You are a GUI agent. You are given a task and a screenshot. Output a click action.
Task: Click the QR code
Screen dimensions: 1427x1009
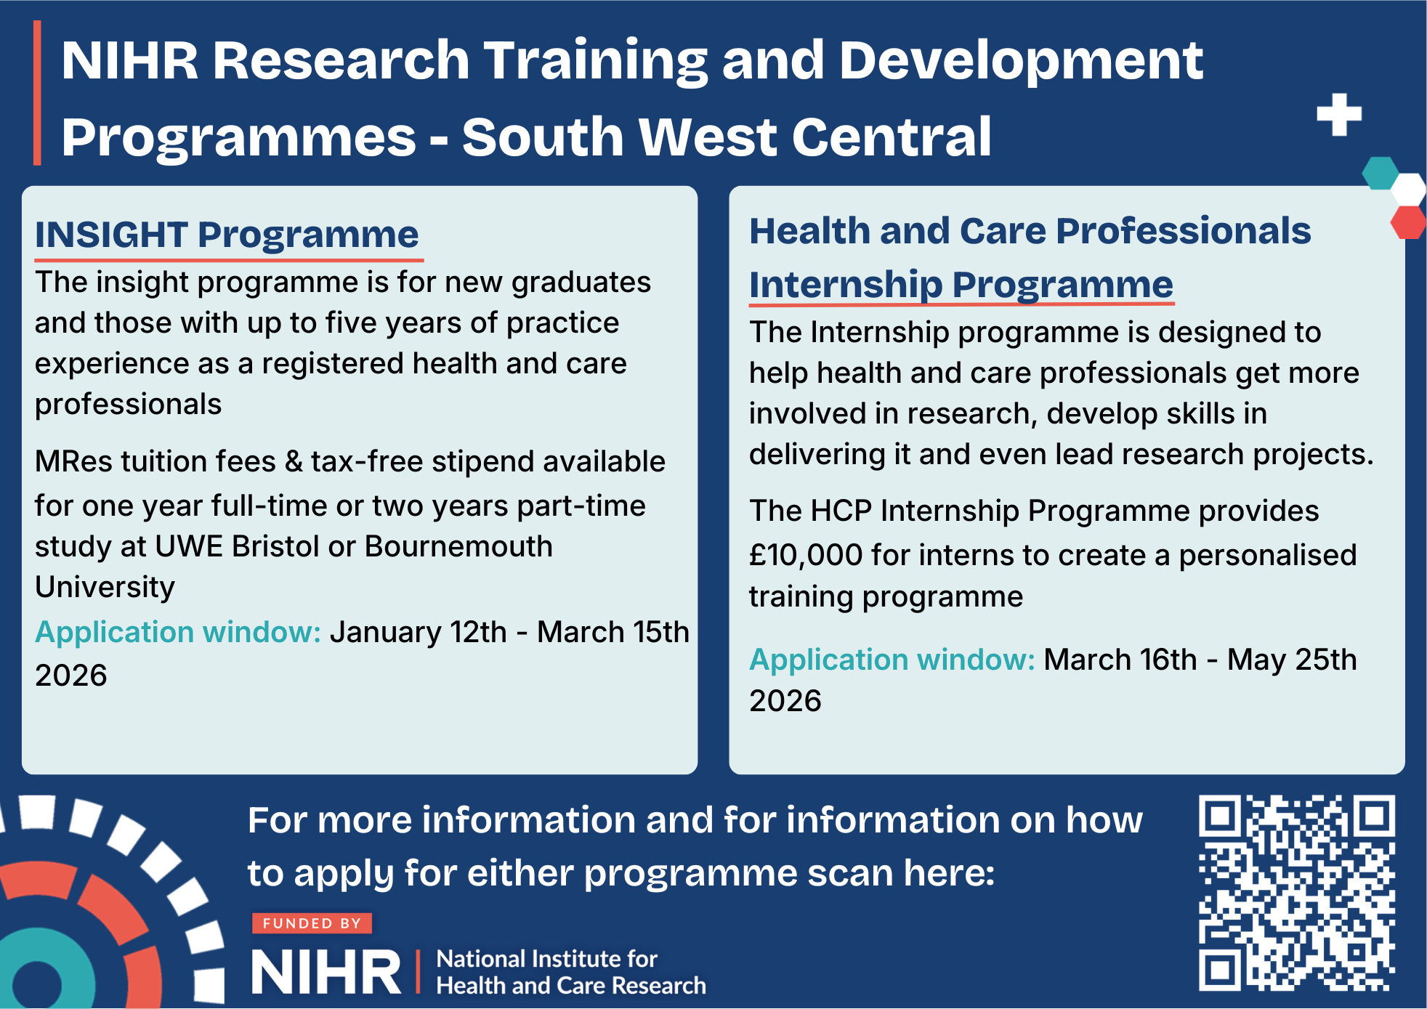[x=1297, y=893]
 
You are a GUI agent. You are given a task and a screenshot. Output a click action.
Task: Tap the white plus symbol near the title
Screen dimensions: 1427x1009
[x=1339, y=115]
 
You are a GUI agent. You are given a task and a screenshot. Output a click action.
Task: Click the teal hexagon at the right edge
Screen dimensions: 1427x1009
[x=1380, y=173]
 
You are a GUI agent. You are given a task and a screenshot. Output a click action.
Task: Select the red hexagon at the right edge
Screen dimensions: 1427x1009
[x=1409, y=222]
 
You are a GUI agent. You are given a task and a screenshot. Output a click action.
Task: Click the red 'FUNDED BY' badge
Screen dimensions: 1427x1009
[x=312, y=923]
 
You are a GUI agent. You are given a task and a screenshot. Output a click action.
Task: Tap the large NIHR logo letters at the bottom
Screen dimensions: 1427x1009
[x=326, y=972]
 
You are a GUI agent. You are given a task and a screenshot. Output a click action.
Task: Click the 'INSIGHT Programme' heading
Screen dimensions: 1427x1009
[x=227, y=235]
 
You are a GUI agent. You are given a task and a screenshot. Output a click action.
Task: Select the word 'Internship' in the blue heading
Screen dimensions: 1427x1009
[x=846, y=284]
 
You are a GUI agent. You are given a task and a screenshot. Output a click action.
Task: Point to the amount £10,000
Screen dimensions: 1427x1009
[x=806, y=555]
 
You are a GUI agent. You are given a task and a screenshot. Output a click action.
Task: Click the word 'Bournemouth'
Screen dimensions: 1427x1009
[x=458, y=546]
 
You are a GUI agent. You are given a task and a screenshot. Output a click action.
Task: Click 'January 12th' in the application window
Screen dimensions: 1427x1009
[x=418, y=632]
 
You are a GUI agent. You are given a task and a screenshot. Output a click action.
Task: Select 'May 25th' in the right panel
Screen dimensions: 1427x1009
[x=1292, y=660]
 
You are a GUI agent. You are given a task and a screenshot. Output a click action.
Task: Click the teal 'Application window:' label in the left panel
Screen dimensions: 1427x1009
[x=178, y=632]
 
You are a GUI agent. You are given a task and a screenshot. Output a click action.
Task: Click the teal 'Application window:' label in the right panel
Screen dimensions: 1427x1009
[x=892, y=660]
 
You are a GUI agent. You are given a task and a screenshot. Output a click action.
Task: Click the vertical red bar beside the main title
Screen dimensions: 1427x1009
[x=37, y=93]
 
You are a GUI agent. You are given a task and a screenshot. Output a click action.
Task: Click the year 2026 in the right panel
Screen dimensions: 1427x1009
[x=785, y=701]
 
